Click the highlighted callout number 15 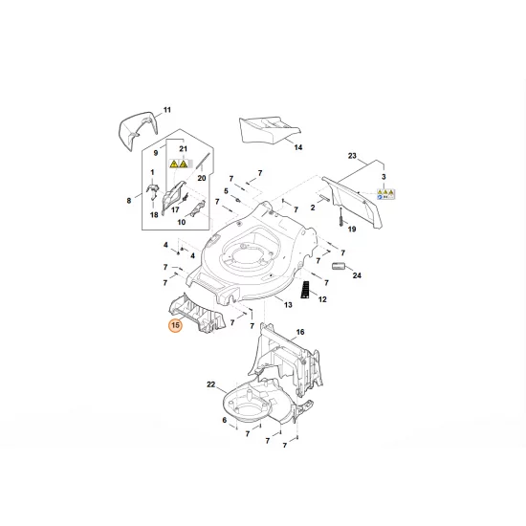pyautogui.click(x=175, y=326)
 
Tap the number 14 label pyautogui.click(x=297, y=148)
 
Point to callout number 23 pyautogui.click(x=351, y=156)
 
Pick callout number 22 pyautogui.click(x=211, y=384)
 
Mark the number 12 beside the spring pyautogui.click(x=322, y=300)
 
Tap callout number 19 pyautogui.click(x=351, y=230)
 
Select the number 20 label pyautogui.click(x=202, y=178)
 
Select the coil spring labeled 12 pyautogui.click(x=305, y=290)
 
